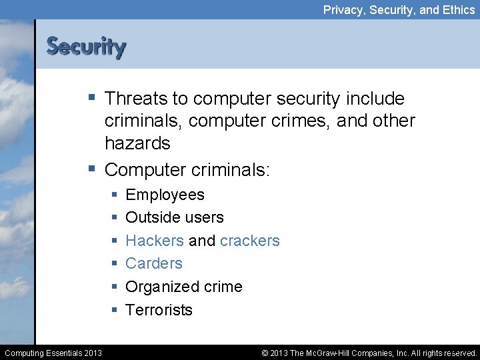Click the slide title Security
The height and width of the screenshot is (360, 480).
(85, 47)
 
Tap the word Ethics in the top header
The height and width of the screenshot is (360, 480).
(457, 10)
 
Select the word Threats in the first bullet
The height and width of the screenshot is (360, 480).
(136, 99)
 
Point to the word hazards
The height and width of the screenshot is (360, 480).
(137, 143)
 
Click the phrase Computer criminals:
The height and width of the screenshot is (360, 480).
(187, 169)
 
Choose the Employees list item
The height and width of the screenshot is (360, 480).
(165, 195)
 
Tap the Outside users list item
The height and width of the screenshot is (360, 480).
(174, 217)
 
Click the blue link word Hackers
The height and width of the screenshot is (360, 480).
(154, 240)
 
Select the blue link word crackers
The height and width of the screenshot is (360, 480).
(249, 240)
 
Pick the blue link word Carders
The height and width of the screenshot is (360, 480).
(153, 263)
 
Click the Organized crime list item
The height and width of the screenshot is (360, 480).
(183, 287)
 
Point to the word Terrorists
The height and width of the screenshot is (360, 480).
(159, 310)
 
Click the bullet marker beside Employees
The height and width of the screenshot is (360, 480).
(115, 195)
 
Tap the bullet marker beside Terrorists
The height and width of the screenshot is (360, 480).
(115, 310)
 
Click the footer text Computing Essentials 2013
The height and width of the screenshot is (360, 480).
(53, 353)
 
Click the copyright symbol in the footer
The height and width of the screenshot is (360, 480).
(265, 353)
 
